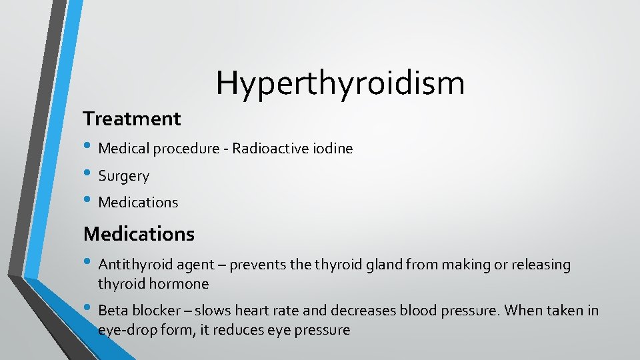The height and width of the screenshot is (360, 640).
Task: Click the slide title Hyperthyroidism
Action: point(340,83)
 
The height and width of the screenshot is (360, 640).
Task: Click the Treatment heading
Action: point(131,119)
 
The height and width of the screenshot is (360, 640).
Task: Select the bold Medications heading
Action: point(139,234)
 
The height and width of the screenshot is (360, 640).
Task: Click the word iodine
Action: point(332,149)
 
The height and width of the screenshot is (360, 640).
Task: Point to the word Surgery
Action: point(124,176)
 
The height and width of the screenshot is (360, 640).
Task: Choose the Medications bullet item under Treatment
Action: point(138,202)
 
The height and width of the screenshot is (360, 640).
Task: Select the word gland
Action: point(385,265)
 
